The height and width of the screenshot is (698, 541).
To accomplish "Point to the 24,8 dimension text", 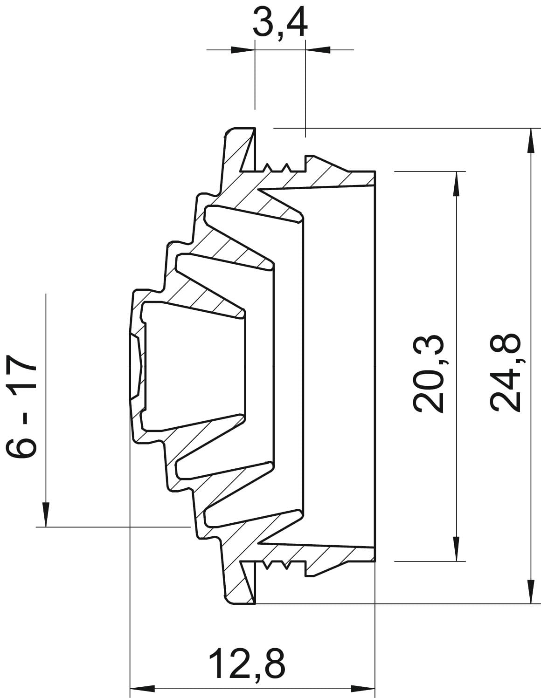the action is (505, 373).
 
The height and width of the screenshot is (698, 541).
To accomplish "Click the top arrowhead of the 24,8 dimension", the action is (531, 141).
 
